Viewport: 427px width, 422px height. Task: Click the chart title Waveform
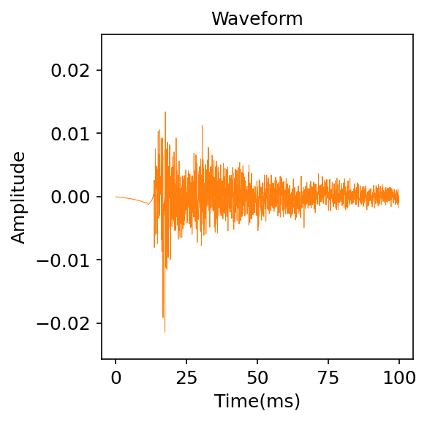[257, 19]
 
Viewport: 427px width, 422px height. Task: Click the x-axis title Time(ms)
[257, 401]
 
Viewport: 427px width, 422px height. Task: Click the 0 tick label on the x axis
[116, 378]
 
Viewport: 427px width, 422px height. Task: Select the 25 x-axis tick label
[186, 378]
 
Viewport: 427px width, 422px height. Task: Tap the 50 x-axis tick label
[257, 378]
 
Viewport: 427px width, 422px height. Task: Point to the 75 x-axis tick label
[328, 378]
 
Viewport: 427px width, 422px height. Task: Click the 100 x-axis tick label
[399, 378]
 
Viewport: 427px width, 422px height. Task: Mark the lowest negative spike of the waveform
[165, 332]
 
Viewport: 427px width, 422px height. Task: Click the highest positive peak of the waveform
[165, 112]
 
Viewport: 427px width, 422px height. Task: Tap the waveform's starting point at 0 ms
[116, 197]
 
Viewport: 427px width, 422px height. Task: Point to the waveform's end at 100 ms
[399, 199]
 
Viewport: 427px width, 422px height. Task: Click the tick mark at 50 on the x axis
[257, 361]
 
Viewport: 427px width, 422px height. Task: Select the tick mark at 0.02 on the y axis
[99, 70]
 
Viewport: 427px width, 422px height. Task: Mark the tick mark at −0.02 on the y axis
[99, 323]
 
